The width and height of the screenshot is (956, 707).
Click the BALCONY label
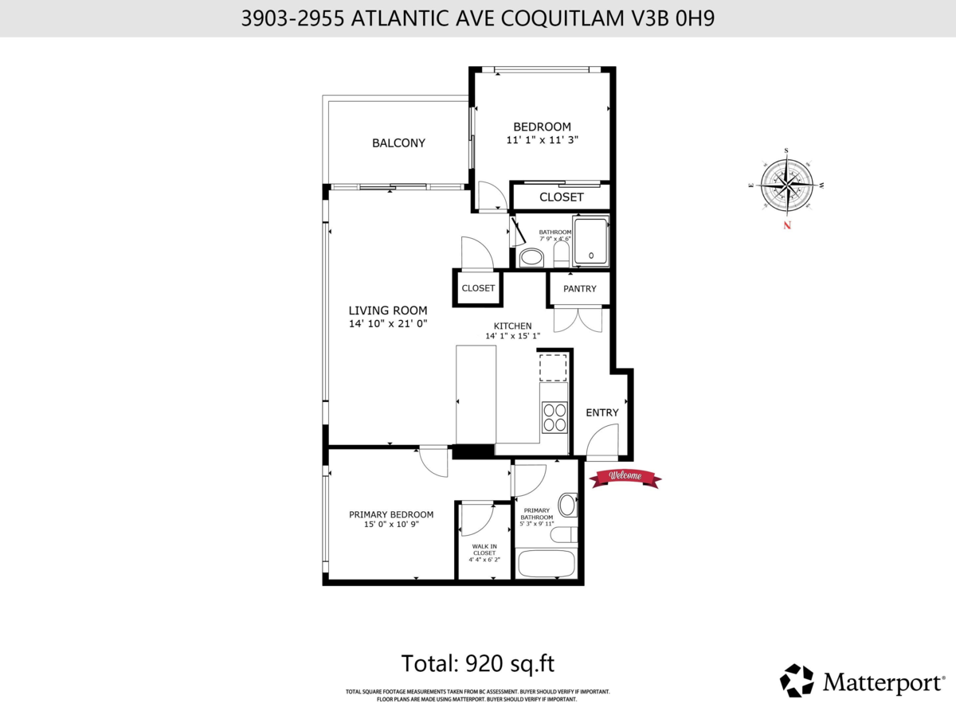(x=398, y=143)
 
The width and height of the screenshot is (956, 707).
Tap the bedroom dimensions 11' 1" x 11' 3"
(x=542, y=139)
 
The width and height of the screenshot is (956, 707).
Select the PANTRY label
(x=579, y=289)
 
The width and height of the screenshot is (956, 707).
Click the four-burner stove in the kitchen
(x=555, y=417)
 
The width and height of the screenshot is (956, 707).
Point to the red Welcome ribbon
(x=625, y=477)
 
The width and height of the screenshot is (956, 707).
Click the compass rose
(x=787, y=184)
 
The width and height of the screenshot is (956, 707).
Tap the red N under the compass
(x=787, y=225)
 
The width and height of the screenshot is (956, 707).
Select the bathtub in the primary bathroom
(x=547, y=564)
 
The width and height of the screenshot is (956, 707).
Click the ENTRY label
(x=602, y=412)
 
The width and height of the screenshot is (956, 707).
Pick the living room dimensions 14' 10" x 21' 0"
(x=388, y=324)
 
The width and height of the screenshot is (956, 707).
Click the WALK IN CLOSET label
(x=484, y=549)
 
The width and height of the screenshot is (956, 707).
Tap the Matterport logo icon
(x=796, y=680)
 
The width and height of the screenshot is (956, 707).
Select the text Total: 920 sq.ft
(x=477, y=662)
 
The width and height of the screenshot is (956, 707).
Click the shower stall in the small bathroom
(x=591, y=242)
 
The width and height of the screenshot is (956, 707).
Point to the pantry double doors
(x=579, y=319)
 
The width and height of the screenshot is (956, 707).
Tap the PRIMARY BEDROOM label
(x=391, y=514)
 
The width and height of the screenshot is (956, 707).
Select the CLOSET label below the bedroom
(x=562, y=197)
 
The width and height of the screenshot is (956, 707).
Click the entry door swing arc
(x=604, y=439)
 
